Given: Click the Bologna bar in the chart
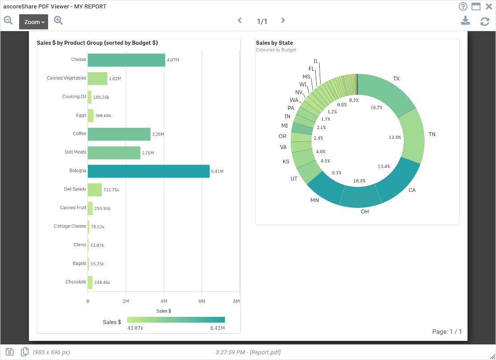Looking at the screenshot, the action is [149, 171].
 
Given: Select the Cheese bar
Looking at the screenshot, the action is [126, 60].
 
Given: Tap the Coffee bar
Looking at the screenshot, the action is [119, 134].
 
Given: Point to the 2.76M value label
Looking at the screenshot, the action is [148, 153].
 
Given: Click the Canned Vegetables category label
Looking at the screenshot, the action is [66, 78].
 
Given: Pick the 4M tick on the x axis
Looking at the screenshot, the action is [164, 301].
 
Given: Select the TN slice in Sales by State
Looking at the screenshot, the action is [412, 136].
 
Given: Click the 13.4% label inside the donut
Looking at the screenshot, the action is [384, 166].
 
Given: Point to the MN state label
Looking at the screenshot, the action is [314, 200].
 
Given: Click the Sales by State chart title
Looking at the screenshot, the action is [274, 43].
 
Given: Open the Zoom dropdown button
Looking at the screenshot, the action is [33, 22].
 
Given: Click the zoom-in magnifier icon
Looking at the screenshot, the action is [58, 20].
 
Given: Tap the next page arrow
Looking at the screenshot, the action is [283, 20].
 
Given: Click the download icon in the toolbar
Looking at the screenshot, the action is [465, 21].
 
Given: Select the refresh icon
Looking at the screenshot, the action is [485, 21].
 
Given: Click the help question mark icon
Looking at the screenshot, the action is [463, 6].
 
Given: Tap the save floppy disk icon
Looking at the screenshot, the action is [9, 352].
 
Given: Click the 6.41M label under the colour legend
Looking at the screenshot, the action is [217, 328].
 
